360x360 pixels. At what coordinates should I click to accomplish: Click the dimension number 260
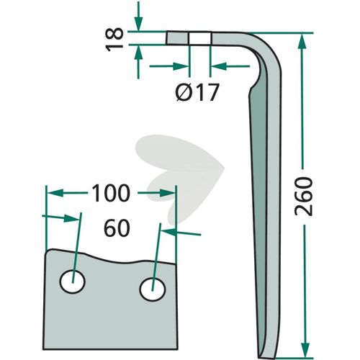click(304, 196)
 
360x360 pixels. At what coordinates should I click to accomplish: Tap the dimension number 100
click(111, 193)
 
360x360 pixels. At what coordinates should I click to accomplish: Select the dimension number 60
click(117, 228)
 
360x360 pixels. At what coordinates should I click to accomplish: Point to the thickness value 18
click(114, 40)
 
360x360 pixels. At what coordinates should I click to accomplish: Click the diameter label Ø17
click(197, 92)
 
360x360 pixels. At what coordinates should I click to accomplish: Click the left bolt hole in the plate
click(73, 282)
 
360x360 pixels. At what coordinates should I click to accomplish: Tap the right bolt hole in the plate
click(153, 289)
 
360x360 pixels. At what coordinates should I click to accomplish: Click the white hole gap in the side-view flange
click(199, 38)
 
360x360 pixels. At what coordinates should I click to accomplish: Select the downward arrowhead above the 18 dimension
click(138, 24)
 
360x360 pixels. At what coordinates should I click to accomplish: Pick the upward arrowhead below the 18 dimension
click(138, 53)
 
